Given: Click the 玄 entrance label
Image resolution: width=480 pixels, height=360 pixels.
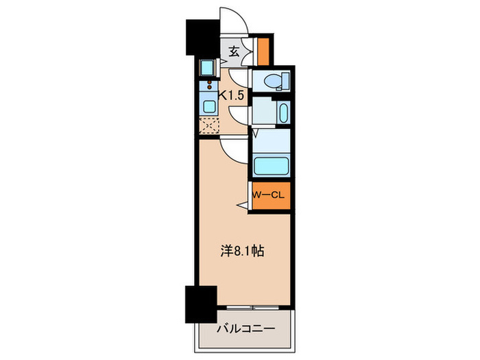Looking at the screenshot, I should point(234,51).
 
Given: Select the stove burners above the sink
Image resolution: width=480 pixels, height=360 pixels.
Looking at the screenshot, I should point(208,88).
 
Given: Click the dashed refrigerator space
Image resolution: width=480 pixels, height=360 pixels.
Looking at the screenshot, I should point(208,126).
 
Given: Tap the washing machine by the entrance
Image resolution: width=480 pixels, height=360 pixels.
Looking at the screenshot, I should point(206,68).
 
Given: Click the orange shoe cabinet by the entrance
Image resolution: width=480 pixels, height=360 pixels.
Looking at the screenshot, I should point(262,51).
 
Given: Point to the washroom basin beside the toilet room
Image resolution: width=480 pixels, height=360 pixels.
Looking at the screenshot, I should point(282,112).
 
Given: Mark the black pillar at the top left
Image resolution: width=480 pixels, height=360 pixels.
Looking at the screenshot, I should point(200,37).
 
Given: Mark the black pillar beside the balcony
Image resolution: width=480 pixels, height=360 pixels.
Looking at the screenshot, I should point(195,302).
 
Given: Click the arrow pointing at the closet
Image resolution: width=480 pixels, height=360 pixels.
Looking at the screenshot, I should point(242,205).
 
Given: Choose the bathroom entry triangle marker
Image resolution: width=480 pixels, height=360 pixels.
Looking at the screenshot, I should point(254,132).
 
